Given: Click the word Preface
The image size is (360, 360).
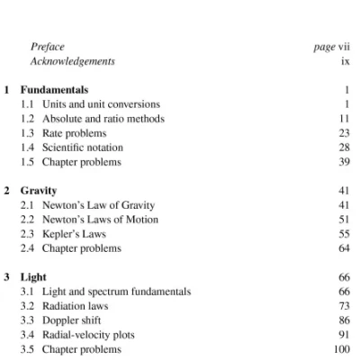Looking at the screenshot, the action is point(48,47).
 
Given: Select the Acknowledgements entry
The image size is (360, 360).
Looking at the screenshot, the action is point(73,61).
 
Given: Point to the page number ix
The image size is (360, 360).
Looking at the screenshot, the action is point(345,61).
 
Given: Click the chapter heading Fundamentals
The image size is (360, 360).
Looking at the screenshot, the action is point(54,90).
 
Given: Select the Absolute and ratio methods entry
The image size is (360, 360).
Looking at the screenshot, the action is point(103,119).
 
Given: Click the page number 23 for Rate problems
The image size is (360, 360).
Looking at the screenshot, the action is point(343,133).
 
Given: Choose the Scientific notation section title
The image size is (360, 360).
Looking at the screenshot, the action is point(83,148).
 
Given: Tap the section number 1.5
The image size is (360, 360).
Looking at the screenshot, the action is point(28,162).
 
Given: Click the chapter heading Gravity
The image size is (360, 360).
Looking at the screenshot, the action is point(39,191).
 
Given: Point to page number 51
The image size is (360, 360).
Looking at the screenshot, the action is point(343,220).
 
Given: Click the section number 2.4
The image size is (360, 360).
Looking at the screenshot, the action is point(28,248).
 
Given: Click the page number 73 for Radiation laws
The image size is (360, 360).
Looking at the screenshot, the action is point(343,306).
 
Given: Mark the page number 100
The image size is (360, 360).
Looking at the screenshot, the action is point(341,349).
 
